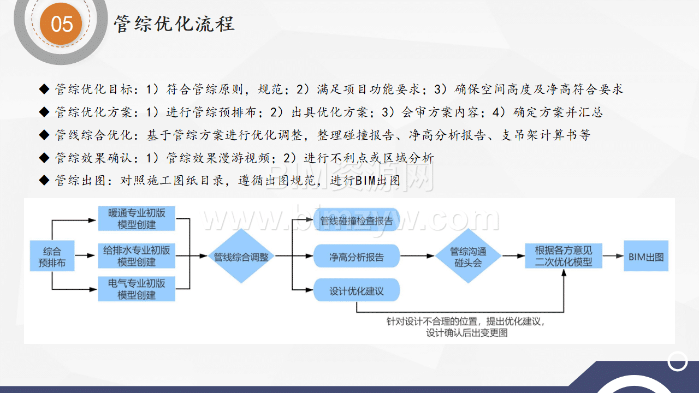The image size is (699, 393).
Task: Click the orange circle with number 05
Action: coord(61,23)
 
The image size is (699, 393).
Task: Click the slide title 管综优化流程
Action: coord(174,23)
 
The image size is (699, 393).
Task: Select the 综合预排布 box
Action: coord(52,256)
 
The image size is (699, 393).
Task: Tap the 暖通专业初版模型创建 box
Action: coord(137,218)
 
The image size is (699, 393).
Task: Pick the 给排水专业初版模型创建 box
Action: coord(137,256)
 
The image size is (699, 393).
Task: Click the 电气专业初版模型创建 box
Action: coord(137,289)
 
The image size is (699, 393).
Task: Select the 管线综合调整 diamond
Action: coord(241,256)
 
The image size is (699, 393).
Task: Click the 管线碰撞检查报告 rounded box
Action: coord(357,221)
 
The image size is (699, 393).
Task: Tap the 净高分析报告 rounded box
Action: coord(357,256)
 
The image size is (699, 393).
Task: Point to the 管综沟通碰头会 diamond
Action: coord(468,256)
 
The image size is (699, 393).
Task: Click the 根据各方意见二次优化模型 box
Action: coord(564,256)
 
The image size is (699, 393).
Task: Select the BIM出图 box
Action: coord(646,256)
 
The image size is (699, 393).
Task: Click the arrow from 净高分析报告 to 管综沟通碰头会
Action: coord(417,256)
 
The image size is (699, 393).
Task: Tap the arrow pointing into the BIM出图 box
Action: coord(613,256)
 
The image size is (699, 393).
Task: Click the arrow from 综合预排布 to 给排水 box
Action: coord(85,256)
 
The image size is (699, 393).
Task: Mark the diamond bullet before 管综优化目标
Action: coord(44,89)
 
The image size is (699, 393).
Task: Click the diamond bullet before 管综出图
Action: coord(44,180)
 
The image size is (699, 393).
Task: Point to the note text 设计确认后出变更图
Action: coord(467,333)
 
